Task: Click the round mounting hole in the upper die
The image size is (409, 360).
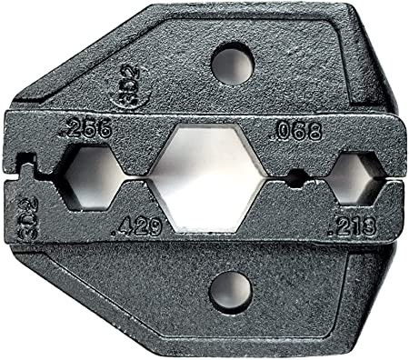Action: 230,65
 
